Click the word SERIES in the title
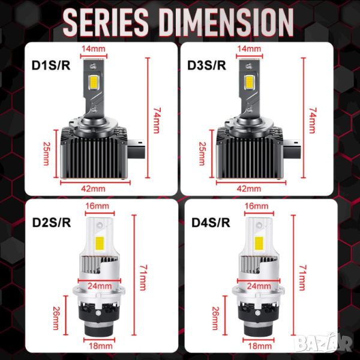(106, 22)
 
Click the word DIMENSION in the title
(228, 22)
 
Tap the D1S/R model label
(51, 65)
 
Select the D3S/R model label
(206, 65)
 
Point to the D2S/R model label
(52, 222)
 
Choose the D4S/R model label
(211, 222)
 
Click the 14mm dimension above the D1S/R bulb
(94, 49)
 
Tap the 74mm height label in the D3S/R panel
(312, 121)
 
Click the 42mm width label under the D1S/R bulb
(93, 189)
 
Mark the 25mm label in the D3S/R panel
(202, 154)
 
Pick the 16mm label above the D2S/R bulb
(97, 206)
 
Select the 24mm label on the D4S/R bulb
(259, 286)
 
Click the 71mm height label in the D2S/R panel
(143, 278)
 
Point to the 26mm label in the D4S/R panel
(215, 318)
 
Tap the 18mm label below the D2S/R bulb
(101, 346)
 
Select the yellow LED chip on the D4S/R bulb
(259, 243)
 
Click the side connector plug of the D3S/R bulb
(292, 149)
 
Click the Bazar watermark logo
(324, 343)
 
